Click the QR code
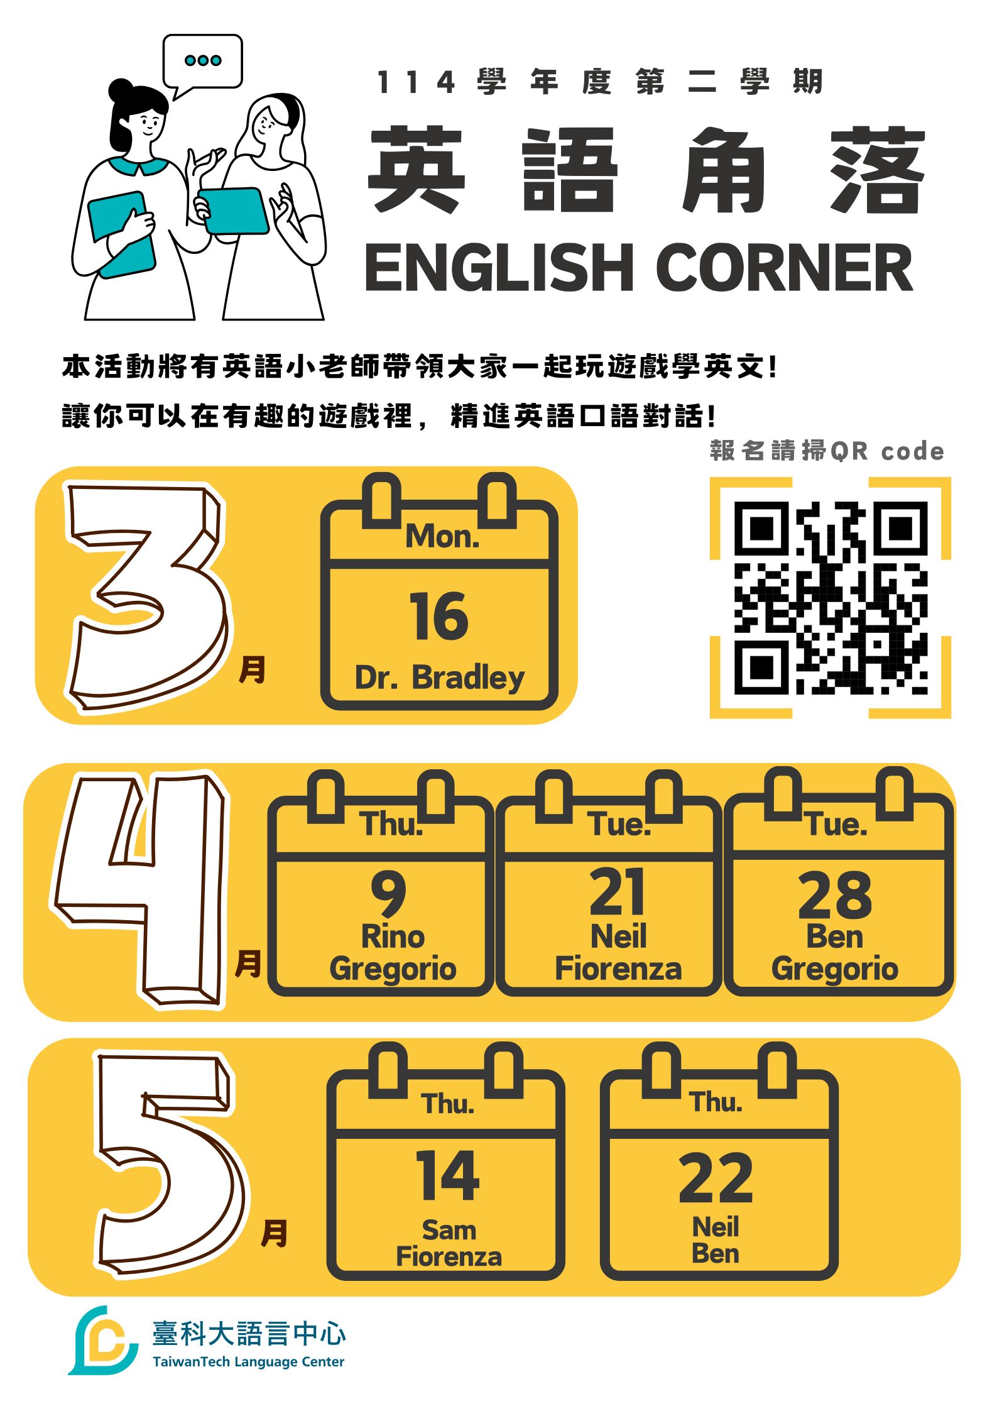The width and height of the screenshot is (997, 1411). pos(831,598)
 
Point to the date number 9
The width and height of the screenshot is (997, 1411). pos(388,894)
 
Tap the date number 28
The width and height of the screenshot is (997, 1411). pos(835,895)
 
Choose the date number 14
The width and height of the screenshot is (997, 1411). pos(448,1175)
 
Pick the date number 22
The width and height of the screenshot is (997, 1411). pos(716,1178)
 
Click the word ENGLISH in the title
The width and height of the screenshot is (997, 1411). pos(499,267)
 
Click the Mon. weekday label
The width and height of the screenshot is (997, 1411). pos(442,537)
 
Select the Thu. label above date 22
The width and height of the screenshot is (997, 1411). pos(716,1102)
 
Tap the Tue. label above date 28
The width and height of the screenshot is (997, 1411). pos(837,824)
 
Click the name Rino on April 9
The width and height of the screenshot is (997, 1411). pos(393,936)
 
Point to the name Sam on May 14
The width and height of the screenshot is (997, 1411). pos(449,1230)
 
